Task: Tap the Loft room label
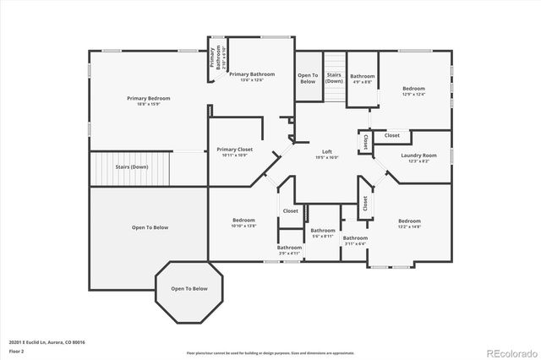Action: click(x=326, y=151)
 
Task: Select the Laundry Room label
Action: click(x=419, y=155)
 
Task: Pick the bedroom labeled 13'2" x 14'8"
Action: click(x=409, y=223)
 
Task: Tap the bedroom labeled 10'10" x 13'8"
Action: click(x=243, y=223)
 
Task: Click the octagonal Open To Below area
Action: click(x=189, y=289)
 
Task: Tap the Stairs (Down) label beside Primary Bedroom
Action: click(x=132, y=167)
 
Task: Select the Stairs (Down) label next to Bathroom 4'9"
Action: click(x=334, y=78)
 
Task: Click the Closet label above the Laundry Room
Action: click(x=392, y=135)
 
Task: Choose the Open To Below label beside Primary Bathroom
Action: click(x=308, y=79)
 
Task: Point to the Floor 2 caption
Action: click(x=17, y=350)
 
